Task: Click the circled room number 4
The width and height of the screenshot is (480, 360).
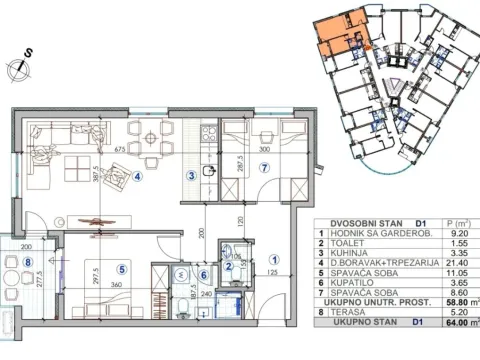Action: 138,180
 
